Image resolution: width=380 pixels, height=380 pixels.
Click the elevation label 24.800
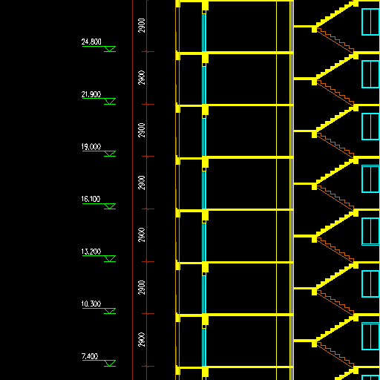(x=91, y=42)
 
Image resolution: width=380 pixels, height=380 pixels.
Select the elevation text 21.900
(x=91, y=94)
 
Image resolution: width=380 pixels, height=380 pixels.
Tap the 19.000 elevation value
(x=91, y=147)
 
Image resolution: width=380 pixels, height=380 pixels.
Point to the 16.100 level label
(x=91, y=199)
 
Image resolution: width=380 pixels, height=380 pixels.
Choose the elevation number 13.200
(x=91, y=252)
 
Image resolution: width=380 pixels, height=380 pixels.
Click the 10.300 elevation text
(x=91, y=304)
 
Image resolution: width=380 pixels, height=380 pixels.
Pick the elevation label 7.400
(x=90, y=356)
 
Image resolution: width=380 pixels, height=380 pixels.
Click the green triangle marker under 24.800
(x=110, y=49)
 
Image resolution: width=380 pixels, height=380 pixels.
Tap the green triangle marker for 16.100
(x=110, y=206)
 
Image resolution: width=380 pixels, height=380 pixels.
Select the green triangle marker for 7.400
(x=110, y=363)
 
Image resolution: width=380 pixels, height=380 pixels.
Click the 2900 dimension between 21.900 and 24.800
(x=142, y=78)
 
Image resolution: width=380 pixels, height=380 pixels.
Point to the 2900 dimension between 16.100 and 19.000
(x=142, y=183)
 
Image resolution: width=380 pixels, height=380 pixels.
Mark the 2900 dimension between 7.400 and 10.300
(x=142, y=340)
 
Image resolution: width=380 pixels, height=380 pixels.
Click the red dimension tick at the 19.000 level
(x=148, y=157)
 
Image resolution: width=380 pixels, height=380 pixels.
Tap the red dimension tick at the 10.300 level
(x=148, y=314)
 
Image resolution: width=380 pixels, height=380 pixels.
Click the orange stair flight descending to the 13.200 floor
(x=335, y=250)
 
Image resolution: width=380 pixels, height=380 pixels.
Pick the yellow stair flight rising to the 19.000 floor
(x=335, y=171)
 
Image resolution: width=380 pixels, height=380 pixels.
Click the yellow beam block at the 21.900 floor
(x=205, y=109)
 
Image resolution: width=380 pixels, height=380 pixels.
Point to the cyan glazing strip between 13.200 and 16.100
(x=204, y=241)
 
